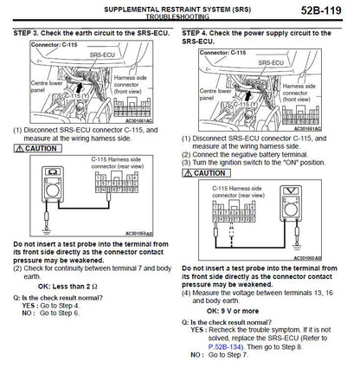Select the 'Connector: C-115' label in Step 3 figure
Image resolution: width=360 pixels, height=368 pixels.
click(x=54, y=46)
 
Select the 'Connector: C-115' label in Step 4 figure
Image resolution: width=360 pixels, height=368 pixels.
click(x=226, y=54)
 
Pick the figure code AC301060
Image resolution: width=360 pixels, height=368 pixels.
click(x=328, y=257)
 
